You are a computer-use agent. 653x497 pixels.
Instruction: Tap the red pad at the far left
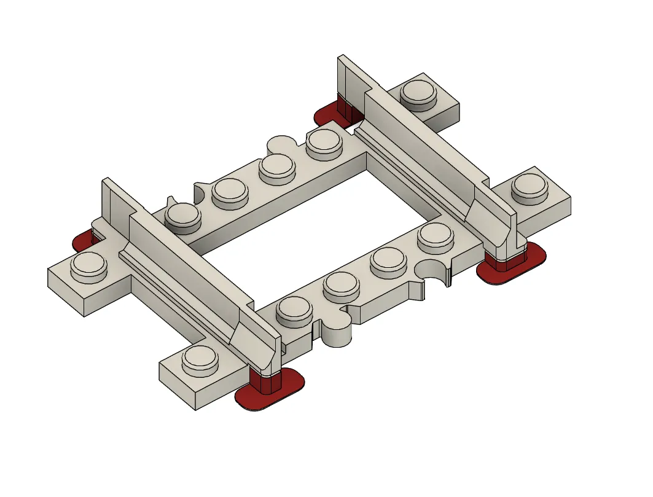click(x=82, y=241)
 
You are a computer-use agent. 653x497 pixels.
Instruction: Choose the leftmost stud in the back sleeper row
click(x=183, y=216)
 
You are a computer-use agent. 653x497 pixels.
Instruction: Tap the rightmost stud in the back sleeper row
click(x=325, y=143)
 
